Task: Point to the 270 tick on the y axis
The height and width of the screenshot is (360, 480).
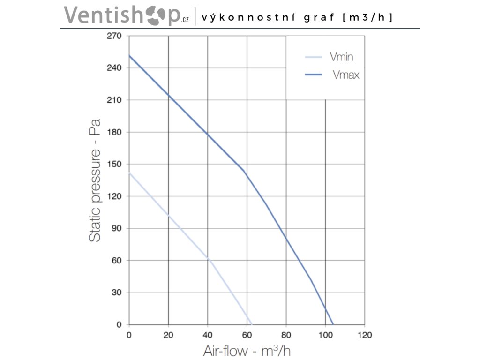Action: [x=116, y=36]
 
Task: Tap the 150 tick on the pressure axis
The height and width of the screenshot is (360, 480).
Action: [x=116, y=164]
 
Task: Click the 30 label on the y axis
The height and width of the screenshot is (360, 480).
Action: [x=117, y=292]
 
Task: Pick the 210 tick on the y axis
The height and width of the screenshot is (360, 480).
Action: [x=116, y=100]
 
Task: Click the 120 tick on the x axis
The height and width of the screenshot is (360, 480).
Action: [x=365, y=335]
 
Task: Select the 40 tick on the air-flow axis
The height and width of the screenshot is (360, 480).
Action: [x=208, y=335]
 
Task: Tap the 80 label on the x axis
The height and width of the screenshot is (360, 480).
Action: [x=286, y=335]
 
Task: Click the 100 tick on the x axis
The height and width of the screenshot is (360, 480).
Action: [x=325, y=335]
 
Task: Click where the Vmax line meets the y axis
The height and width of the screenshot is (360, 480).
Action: [x=129, y=55]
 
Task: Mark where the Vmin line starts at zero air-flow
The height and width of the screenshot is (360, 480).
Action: [x=129, y=172]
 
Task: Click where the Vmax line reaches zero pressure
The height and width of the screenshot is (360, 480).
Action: [x=333, y=324]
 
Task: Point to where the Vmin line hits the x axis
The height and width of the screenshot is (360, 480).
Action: [x=252, y=324]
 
